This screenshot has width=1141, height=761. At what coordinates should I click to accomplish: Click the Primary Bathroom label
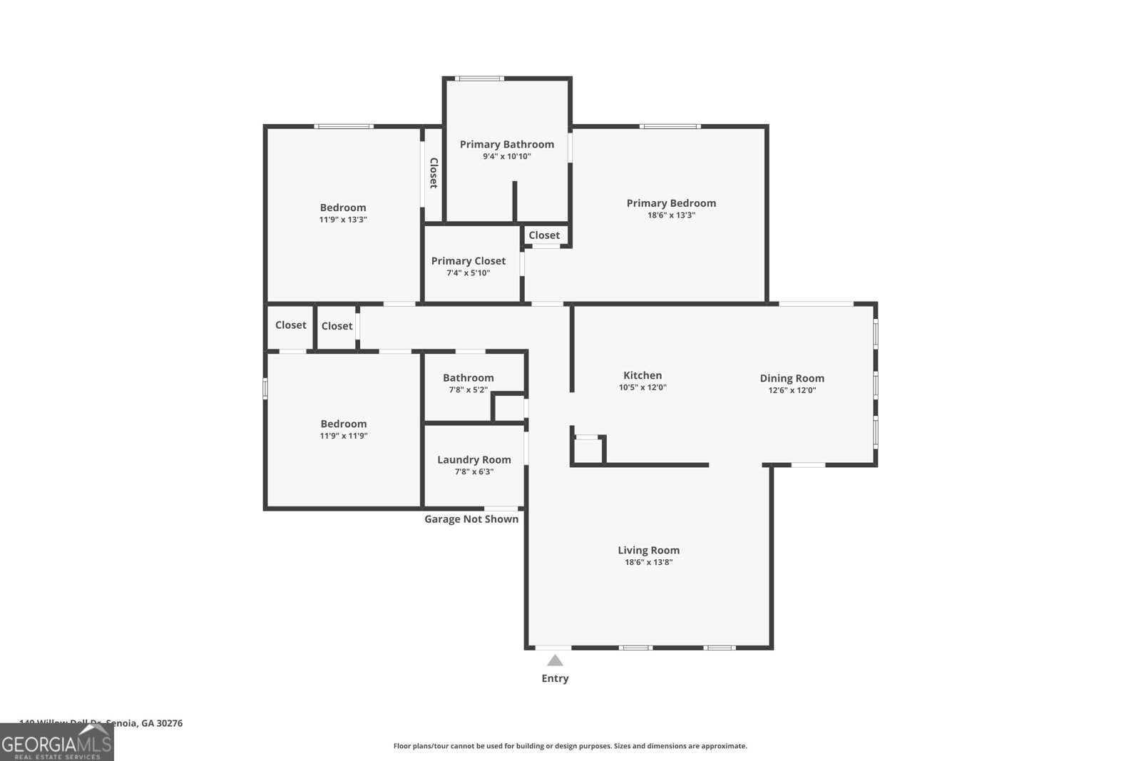(x=506, y=144)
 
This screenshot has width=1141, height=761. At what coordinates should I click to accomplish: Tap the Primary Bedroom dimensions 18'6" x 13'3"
(x=670, y=215)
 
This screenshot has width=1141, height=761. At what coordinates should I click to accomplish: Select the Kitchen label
(x=643, y=375)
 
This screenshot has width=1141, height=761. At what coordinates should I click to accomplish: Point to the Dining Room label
(x=792, y=378)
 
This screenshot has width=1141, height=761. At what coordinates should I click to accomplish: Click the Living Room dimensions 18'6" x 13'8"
(x=648, y=562)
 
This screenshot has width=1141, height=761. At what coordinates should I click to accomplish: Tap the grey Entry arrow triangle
(x=555, y=660)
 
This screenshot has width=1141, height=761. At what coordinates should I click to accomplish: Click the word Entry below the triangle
(x=555, y=678)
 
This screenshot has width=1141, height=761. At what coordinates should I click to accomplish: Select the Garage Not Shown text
(x=471, y=519)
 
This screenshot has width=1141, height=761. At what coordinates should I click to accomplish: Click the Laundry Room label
(x=474, y=459)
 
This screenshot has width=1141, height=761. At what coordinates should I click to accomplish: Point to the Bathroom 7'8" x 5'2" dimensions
(x=468, y=390)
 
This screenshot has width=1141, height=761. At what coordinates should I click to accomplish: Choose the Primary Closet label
(x=468, y=261)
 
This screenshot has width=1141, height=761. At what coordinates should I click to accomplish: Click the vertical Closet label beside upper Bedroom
(x=433, y=173)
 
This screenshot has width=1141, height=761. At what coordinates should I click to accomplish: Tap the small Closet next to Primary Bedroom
(x=544, y=235)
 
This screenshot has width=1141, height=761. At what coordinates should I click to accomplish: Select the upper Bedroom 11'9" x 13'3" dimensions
(x=342, y=220)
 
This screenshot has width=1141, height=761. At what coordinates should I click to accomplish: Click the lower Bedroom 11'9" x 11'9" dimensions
(x=343, y=436)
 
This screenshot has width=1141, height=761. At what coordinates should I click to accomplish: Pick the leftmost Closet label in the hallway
(x=290, y=325)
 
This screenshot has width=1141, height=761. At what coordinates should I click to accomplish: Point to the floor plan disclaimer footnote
(x=570, y=746)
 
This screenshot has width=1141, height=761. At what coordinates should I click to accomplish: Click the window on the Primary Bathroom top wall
(x=480, y=78)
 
